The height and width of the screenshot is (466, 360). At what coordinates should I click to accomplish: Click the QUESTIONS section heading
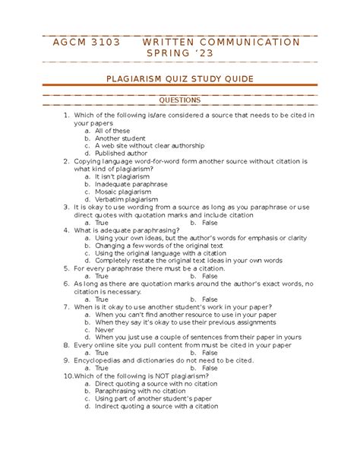pyautogui.click(x=179, y=100)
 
